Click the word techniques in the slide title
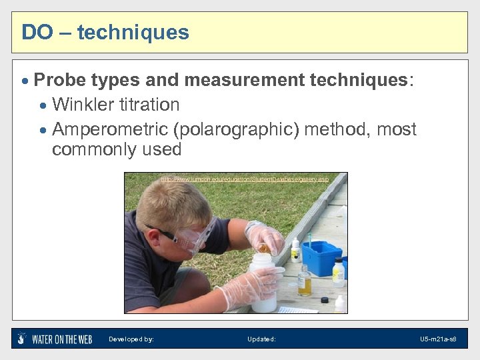click(x=133, y=32)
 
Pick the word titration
click(x=149, y=105)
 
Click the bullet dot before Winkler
click(x=44, y=105)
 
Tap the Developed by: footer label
click(x=131, y=339)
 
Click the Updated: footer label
click(x=261, y=339)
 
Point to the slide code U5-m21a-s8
click(x=438, y=339)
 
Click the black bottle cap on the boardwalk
click(x=325, y=301)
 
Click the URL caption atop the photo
click(x=245, y=179)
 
